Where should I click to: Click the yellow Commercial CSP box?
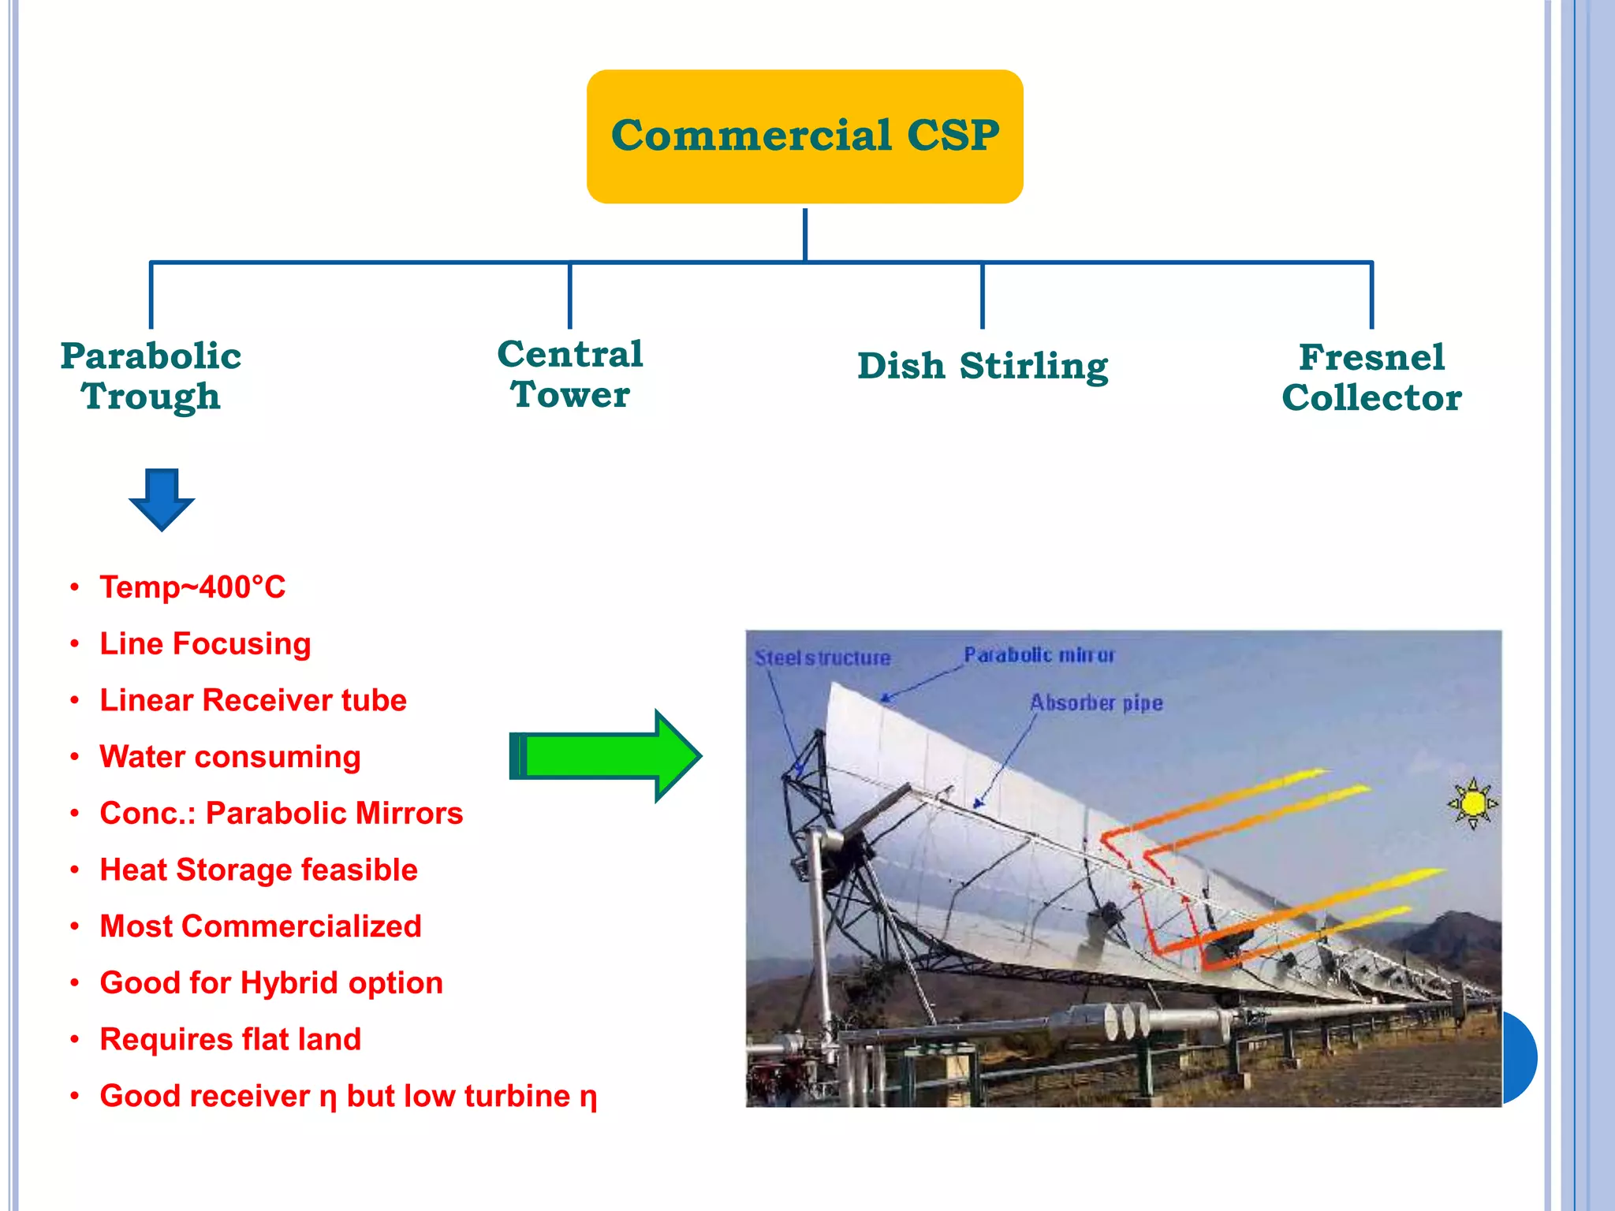[804, 136]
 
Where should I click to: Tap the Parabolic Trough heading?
[151, 376]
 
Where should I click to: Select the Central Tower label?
[570, 374]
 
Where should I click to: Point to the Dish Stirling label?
[983, 366]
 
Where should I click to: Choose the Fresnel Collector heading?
[1371, 377]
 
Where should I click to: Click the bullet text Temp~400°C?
[192, 587]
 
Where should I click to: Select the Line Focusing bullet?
[205, 644]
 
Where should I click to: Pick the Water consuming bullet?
[229, 757]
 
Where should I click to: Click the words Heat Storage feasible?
[258, 870]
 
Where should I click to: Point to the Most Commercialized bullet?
[260, 926]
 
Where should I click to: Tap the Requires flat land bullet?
[229, 1039]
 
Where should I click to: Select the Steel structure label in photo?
[822, 658]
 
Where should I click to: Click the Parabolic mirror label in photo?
[1039, 655]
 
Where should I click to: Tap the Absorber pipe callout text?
[1096, 702]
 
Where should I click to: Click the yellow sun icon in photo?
[1471, 803]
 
